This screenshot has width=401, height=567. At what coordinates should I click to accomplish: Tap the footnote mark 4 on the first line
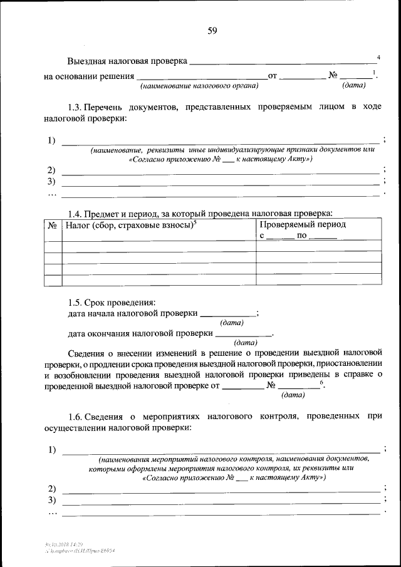(x=378, y=58)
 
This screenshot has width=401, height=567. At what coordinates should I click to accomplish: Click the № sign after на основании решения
(x=333, y=76)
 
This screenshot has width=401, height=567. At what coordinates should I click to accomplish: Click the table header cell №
(x=53, y=224)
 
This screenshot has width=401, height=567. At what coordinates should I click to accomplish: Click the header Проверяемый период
(x=303, y=224)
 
